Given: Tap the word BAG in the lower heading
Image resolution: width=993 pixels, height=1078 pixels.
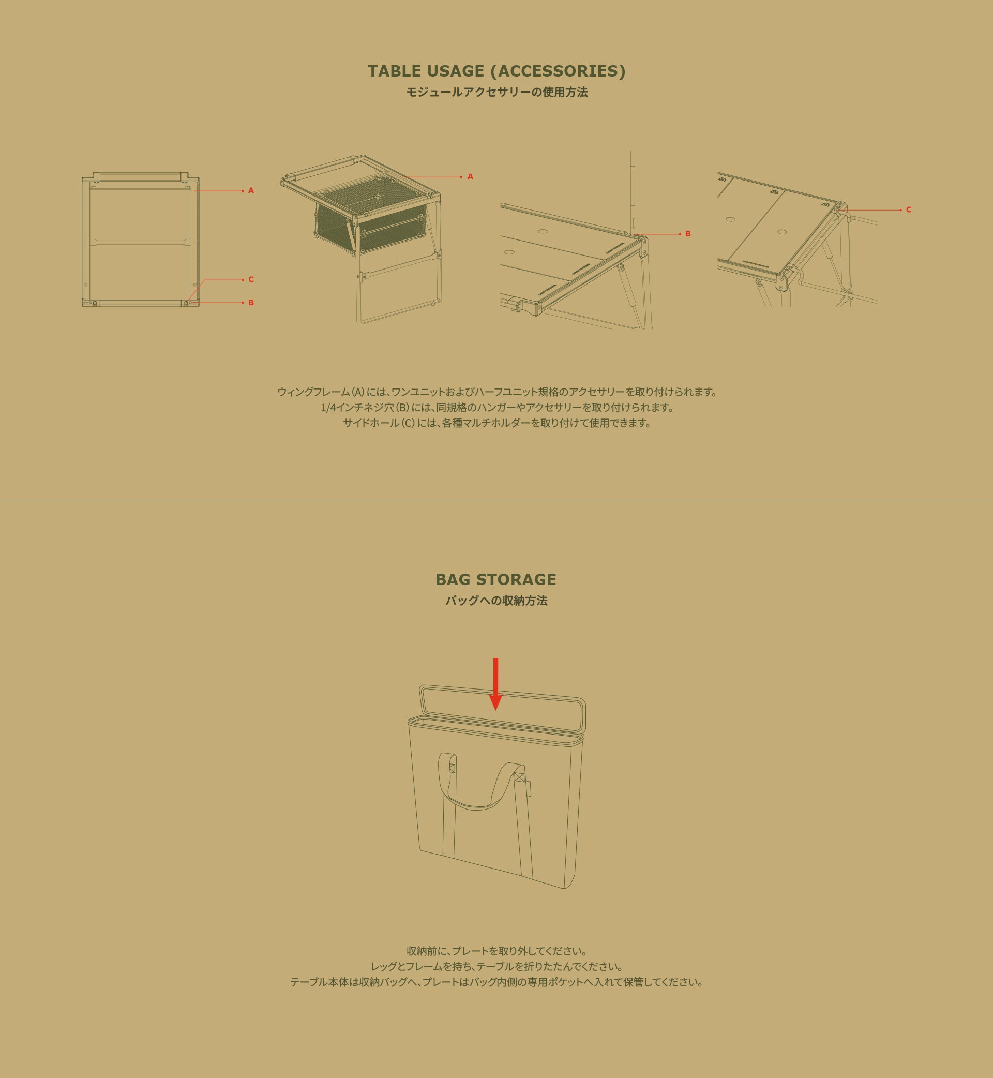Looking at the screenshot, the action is (453, 579).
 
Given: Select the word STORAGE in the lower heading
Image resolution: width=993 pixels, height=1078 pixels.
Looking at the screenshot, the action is (516, 579).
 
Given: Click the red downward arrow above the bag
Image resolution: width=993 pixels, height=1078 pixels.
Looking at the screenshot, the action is (495, 683).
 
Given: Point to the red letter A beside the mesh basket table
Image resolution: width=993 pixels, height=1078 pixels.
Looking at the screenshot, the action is (470, 177).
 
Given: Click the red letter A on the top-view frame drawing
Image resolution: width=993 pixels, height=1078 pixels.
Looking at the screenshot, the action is (251, 191).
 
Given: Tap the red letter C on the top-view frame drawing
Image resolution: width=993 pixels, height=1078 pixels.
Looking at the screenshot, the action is (251, 279).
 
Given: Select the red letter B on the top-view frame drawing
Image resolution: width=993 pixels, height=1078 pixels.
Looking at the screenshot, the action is (251, 303).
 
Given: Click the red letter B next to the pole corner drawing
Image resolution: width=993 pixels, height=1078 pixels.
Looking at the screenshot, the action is (688, 234).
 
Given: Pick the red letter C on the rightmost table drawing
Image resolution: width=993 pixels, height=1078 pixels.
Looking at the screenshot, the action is (909, 209).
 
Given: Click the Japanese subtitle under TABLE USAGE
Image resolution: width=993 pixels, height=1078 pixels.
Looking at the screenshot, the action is (497, 93).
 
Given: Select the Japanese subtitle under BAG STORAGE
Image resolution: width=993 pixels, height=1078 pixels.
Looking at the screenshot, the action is (496, 601).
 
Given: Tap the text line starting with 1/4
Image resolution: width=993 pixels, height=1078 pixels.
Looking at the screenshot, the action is (497, 407).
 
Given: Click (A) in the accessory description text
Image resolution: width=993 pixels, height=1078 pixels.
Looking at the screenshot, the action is (358, 392).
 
